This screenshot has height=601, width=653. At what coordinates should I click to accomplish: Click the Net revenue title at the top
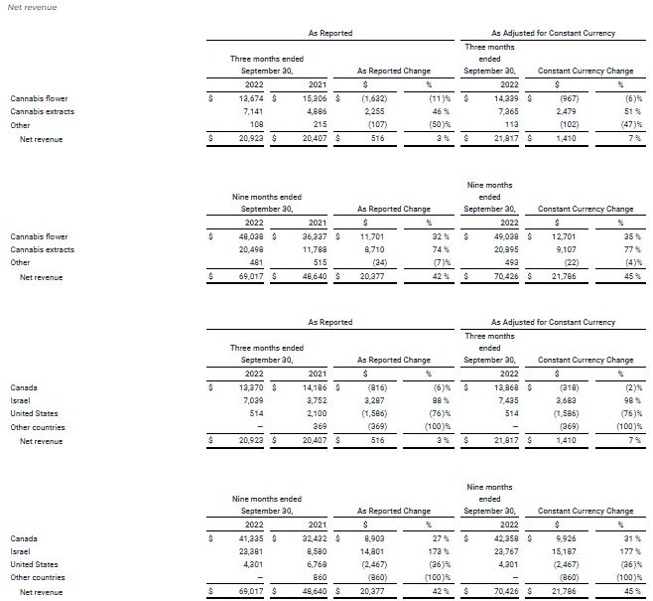[32, 8]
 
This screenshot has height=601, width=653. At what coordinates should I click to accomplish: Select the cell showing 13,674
[252, 98]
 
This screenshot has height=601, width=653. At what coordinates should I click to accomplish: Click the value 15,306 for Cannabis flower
[314, 98]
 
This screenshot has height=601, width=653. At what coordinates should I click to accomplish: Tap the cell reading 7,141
[255, 112]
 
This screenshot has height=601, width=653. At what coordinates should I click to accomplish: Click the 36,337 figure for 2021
[314, 236]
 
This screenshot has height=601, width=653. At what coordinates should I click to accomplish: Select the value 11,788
[314, 250]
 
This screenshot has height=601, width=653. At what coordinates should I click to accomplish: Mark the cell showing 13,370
[252, 386]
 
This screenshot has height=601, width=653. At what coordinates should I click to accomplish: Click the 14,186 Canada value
[314, 386]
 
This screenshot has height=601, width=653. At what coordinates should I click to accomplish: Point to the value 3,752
[317, 400]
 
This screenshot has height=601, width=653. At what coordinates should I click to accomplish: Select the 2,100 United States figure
[317, 413]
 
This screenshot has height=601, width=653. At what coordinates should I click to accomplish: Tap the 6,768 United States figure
[317, 565]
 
